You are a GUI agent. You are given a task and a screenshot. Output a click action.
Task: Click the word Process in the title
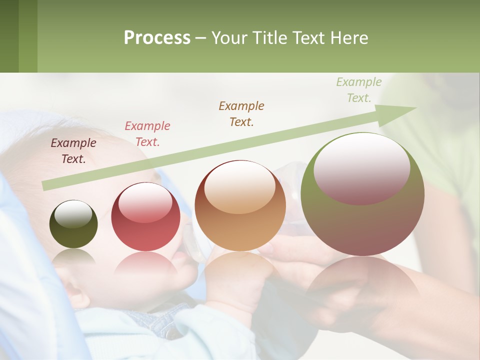pos(157,37)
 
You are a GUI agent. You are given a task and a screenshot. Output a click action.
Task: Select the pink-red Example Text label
pos(147,134)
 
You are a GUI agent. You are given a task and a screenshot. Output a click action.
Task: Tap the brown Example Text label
pos(241,113)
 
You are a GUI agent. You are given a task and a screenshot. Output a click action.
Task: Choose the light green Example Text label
pos(358,90)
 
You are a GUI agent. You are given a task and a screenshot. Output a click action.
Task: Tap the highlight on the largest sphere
pos(361,168)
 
